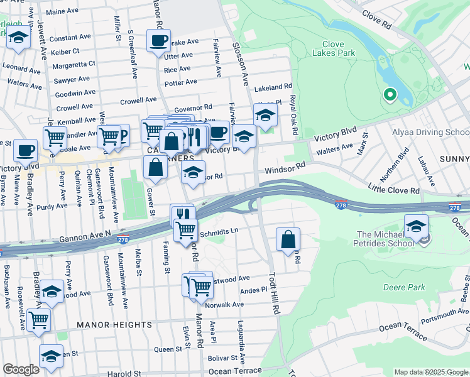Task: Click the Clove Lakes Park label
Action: click(x=324, y=49)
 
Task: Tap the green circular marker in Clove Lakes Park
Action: click(x=390, y=95)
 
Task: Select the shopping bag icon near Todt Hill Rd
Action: click(x=288, y=239)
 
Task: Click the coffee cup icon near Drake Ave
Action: click(x=158, y=41)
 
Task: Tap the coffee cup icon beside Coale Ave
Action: click(x=25, y=150)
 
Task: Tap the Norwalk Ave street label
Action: click(x=224, y=305)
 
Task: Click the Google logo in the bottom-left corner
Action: click(x=20, y=369)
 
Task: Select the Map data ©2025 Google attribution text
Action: click(x=431, y=372)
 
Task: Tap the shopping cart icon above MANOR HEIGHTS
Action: click(x=39, y=320)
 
